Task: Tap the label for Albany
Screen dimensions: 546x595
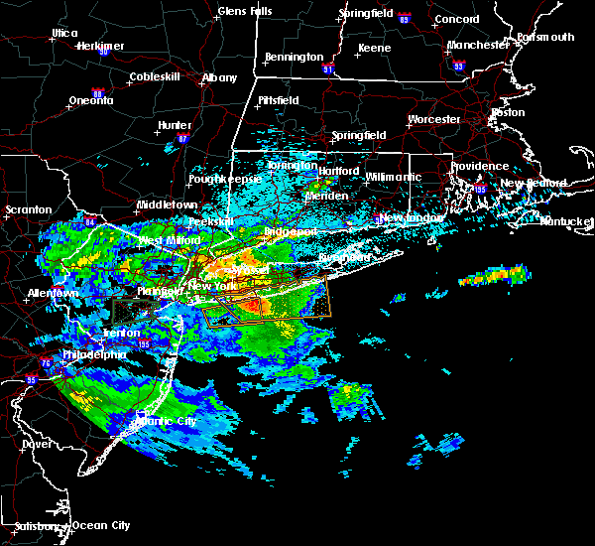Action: [x=219, y=77]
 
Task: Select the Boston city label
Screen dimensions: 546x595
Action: [x=508, y=112]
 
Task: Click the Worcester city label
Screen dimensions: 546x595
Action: [x=433, y=119]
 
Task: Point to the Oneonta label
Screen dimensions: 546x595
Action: [x=93, y=101]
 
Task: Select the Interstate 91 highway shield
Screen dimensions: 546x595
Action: [x=329, y=70]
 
